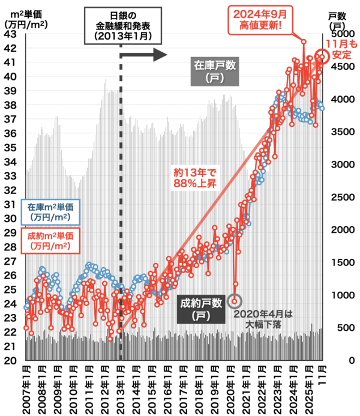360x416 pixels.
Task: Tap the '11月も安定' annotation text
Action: point(342,48)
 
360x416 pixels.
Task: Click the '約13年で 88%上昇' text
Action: point(194,178)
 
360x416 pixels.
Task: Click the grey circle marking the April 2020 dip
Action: point(236,300)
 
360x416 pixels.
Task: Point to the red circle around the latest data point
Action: point(322,56)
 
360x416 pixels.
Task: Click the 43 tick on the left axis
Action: point(11,34)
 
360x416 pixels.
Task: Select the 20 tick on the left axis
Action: point(11,360)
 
